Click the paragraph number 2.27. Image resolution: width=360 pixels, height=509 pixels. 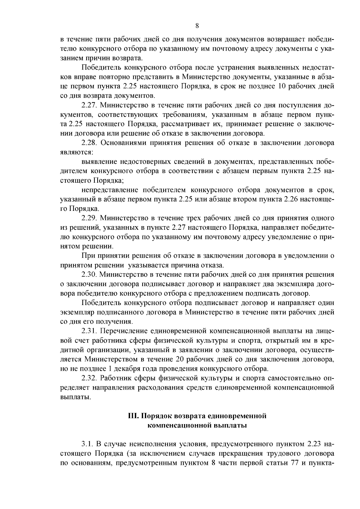[89, 106]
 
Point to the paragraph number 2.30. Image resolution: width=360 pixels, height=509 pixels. [89, 274]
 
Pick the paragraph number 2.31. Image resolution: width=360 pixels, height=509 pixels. [89, 331]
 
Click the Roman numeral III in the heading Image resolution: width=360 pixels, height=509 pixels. [132, 416]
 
